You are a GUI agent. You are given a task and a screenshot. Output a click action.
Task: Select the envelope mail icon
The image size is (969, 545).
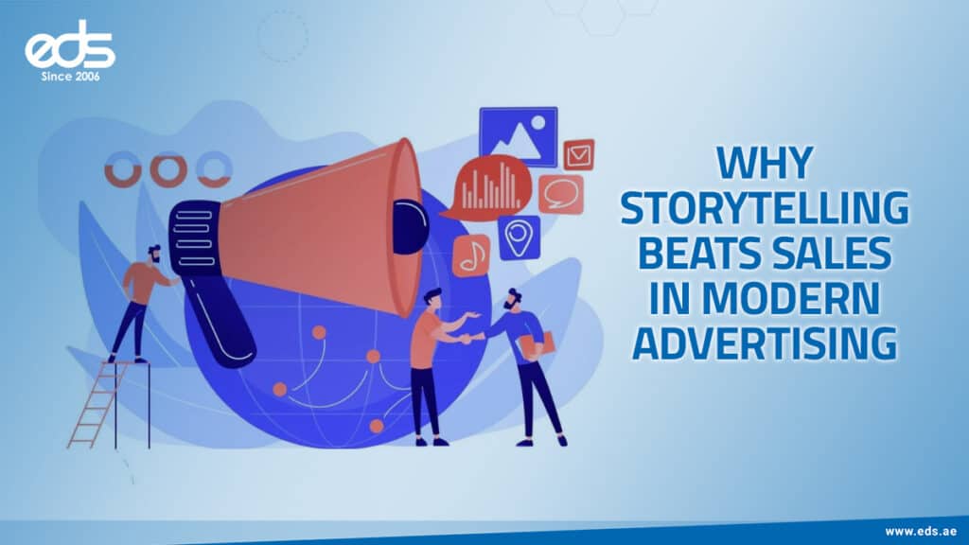pos(577,154)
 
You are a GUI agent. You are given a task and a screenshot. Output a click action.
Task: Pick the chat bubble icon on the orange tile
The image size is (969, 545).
pos(561,194)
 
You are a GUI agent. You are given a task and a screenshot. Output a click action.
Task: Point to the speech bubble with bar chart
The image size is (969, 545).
pos(489,186)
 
